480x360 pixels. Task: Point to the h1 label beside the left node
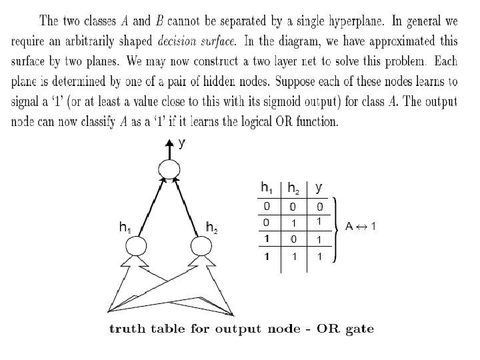coord(124,229)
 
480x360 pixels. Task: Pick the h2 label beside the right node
coord(212,229)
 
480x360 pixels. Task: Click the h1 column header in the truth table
coord(267,187)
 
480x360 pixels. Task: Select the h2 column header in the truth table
coord(293,188)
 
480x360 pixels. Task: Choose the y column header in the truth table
coord(319,187)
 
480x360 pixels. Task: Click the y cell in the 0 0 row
coord(319,207)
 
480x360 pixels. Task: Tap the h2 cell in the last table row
coord(293,256)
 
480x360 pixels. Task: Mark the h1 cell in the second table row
coord(267,222)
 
